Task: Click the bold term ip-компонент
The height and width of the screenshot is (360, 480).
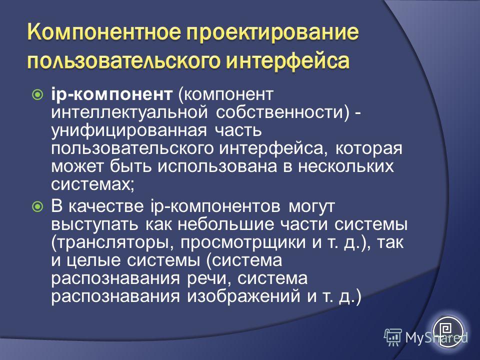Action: coord(111,95)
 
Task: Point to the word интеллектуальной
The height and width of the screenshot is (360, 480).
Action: coord(130,112)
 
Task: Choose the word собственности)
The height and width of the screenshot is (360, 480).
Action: coord(282,112)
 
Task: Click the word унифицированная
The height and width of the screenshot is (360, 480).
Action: coord(129,130)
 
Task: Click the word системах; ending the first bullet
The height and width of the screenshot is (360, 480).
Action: coord(93,184)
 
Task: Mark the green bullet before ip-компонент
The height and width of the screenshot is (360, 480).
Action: coord(37,94)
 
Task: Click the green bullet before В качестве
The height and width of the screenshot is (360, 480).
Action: coord(37,206)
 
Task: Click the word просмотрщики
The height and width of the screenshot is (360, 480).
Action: coord(243,243)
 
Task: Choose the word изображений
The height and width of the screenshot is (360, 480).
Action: coord(243,296)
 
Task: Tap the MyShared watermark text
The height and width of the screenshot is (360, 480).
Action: coord(436,337)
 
